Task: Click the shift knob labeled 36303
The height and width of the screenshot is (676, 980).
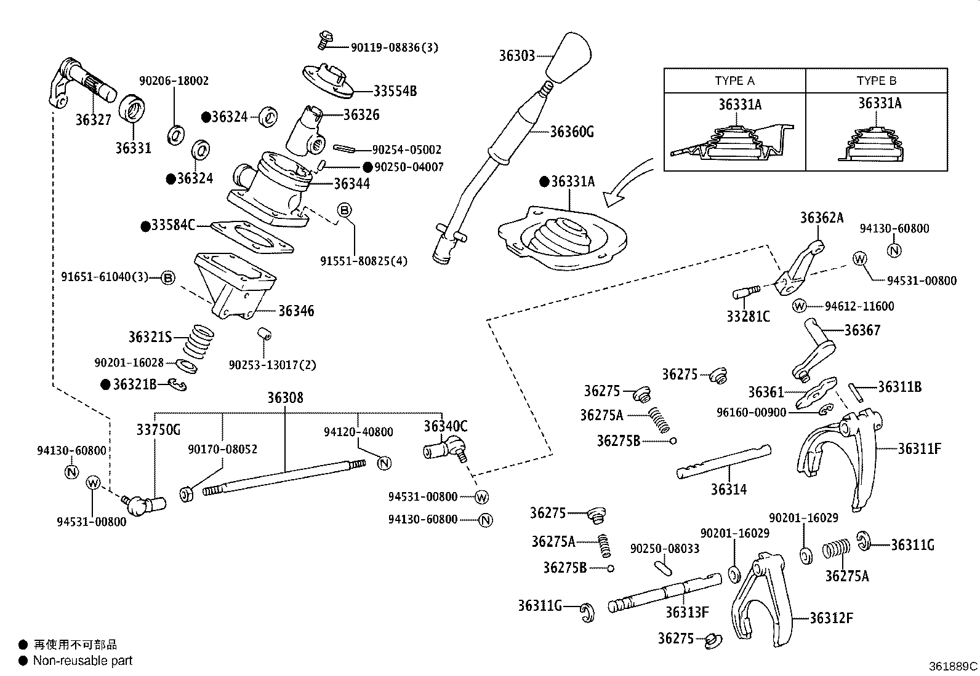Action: tap(571, 58)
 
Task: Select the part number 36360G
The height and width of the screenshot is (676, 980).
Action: tap(571, 132)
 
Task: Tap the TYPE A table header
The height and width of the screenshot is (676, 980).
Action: tap(734, 81)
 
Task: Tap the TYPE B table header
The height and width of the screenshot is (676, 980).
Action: tap(876, 81)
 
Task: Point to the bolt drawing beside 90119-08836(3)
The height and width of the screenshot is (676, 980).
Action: tap(324, 41)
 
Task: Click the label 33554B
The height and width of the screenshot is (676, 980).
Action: tap(395, 91)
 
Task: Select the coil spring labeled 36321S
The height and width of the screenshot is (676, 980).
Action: tap(199, 342)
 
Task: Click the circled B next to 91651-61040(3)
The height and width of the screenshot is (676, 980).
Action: tap(167, 278)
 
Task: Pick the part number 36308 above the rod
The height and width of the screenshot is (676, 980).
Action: tap(284, 398)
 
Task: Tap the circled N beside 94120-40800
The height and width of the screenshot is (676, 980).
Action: tap(384, 463)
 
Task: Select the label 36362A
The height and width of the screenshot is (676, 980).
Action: tap(821, 218)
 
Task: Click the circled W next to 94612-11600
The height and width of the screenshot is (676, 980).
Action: tap(799, 306)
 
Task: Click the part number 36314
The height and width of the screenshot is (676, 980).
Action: tap(728, 490)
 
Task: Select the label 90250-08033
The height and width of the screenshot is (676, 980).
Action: tap(665, 548)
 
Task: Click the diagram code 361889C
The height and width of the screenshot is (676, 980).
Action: tap(953, 666)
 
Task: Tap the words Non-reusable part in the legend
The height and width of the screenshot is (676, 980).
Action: tap(82, 661)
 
